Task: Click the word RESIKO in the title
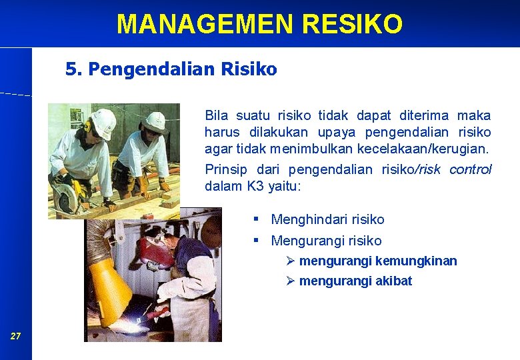tap(352, 24)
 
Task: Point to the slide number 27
tap(15, 336)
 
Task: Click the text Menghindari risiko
tap(327, 219)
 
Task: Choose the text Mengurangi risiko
tap(326, 241)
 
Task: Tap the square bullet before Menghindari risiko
tap(256, 219)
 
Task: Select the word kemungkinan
tap(416, 261)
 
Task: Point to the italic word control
tap(470, 169)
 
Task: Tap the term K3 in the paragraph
tap(255, 186)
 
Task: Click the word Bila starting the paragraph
tap(217, 115)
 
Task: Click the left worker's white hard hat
tap(103, 122)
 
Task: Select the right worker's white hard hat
tap(155, 121)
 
